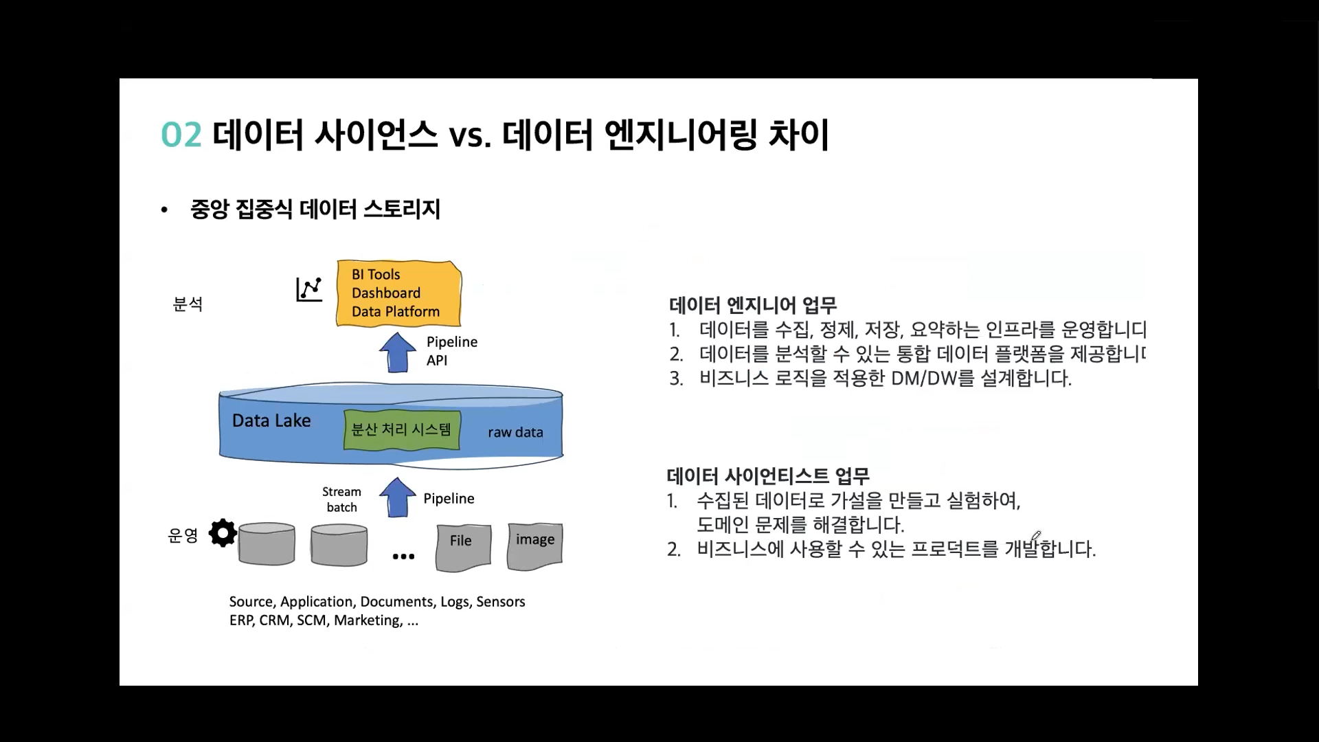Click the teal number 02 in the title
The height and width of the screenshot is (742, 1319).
pyautogui.click(x=181, y=135)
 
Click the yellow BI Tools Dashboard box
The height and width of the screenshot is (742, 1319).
pyautogui.click(x=398, y=293)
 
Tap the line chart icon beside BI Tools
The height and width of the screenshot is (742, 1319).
pyautogui.click(x=309, y=289)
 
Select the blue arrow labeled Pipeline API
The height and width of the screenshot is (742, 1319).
pyautogui.click(x=397, y=352)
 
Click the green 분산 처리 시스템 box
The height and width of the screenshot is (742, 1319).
pyautogui.click(x=401, y=430)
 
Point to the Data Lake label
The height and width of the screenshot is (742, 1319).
pyautogui.click(x=271, y=420)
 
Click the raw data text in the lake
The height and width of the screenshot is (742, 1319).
pyautogui.click(x=515, y=432)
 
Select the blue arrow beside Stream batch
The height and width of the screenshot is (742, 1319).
pyautogui.click(x=397, y=497)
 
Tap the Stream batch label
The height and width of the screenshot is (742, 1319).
pyautogui.click(x=341, y=499)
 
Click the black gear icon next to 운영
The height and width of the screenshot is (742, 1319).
pyautogui.click(x=223, y=533)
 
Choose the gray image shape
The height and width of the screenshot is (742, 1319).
pyautogui.click(x=534, y=546)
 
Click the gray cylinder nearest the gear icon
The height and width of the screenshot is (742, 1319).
pyautogui.click(x=267, y=544)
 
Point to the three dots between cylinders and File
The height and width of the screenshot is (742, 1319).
pyautogui.click(x=403, y=556)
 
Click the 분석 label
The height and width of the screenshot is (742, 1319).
pyautogui.click(x=188, y=304)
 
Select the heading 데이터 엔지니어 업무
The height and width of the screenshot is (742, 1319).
pyautogui.click(x=753, y=305)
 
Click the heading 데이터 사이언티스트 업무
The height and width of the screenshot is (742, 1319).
pyautogui.click(x=768, y=475)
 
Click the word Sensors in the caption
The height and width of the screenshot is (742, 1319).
pyautogui.click(x=500, y=602)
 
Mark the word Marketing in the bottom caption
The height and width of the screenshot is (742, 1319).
pyautogui.click(x=368, y=620)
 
